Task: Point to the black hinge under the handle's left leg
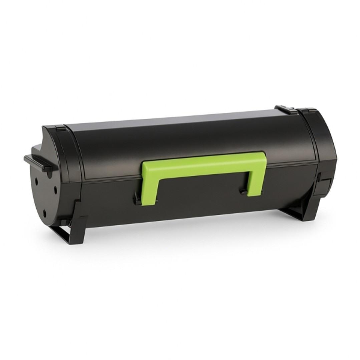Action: pos(137,201)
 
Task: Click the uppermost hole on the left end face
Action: pos(36,179)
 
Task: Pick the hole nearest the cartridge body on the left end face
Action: pos(55,190)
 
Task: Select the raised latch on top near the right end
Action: pos(285,110)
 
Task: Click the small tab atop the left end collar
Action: pos(60,127)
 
